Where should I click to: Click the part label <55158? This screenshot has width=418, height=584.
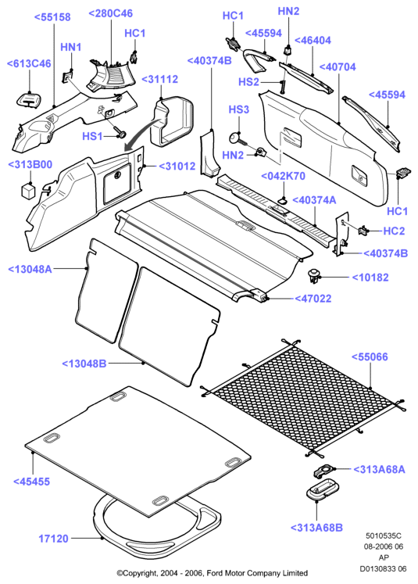click(52, 17)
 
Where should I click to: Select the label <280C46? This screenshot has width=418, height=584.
click(110, 13)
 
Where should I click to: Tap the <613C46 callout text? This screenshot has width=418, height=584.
click(29, 63)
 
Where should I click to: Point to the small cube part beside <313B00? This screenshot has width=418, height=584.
click(28, 190)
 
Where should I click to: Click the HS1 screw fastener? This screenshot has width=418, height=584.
click(120, 132)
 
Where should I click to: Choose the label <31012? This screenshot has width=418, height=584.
click(177, 166)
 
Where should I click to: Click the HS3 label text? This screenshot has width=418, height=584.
click(238, 109)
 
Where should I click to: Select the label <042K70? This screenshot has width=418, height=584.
click(284, 176)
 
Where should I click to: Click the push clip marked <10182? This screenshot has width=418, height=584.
click(314, 276)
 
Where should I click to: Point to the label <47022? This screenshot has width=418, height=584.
click(313, 299)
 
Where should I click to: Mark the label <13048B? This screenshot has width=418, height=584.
click(84, 364)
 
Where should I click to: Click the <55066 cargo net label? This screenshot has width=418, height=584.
click(370, 356)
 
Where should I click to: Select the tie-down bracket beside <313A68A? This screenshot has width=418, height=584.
click(324, 471)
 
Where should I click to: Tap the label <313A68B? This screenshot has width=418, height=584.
click(316, 528)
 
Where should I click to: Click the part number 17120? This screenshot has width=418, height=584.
click(54, 539)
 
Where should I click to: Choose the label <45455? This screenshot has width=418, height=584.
click(31, 482)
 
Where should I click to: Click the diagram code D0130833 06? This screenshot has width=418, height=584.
click(383, 568)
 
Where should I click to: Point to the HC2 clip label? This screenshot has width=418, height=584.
click(394, 231)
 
